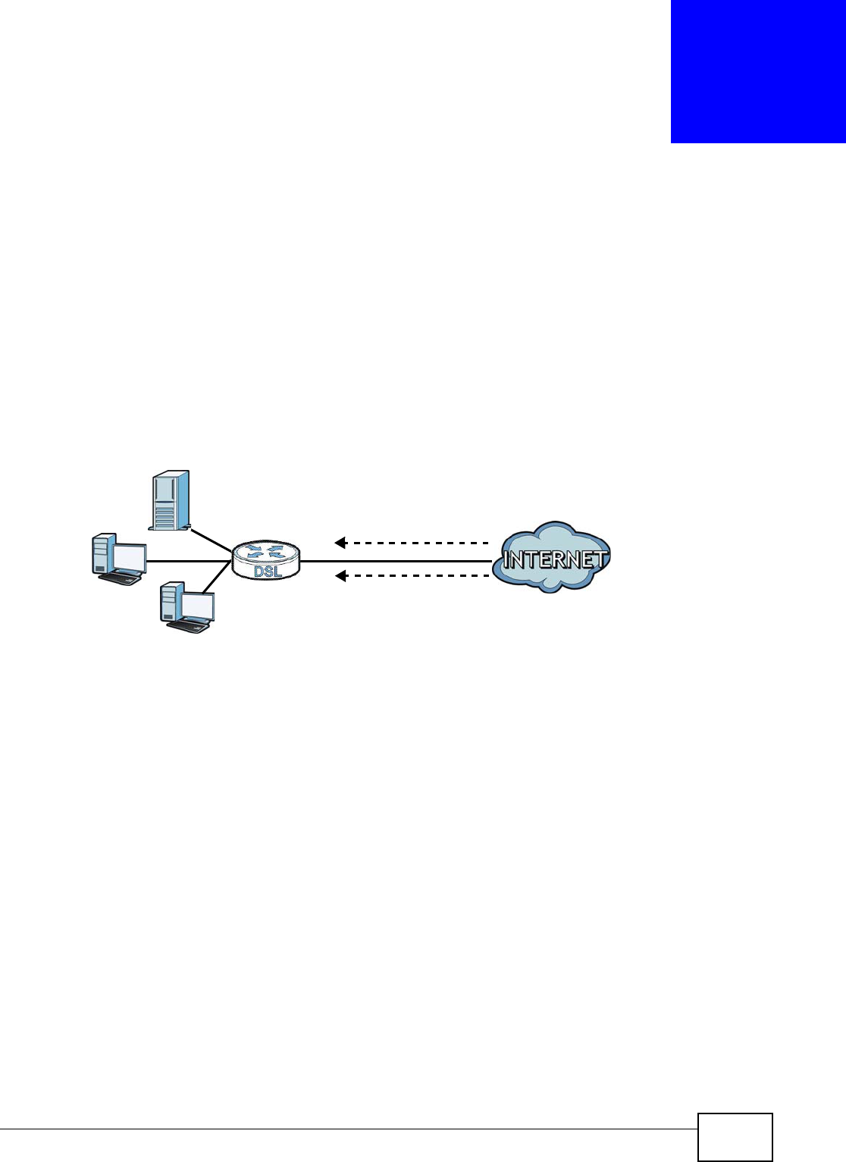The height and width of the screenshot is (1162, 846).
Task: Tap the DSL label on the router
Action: click(268, 571)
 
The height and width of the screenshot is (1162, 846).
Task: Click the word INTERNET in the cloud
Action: click(554, 560)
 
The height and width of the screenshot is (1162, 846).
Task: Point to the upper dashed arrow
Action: click(413, 543)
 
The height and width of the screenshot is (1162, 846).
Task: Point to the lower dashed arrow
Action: click(413, 576)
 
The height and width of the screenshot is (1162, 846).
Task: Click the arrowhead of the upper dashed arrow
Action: click(340, 543)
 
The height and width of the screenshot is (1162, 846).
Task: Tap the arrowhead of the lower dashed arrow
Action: click(340, 576)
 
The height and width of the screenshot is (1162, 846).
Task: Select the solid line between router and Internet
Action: click(394, 561)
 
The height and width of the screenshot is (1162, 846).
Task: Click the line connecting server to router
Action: click(210, 540)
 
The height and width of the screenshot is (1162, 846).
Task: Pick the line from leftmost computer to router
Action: click(188, 561)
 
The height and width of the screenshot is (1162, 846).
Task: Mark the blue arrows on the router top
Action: click(265, 551)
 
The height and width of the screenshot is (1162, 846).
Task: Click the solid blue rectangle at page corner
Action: click(758, 71)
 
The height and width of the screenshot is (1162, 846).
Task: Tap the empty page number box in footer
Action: click(735, 1136)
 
